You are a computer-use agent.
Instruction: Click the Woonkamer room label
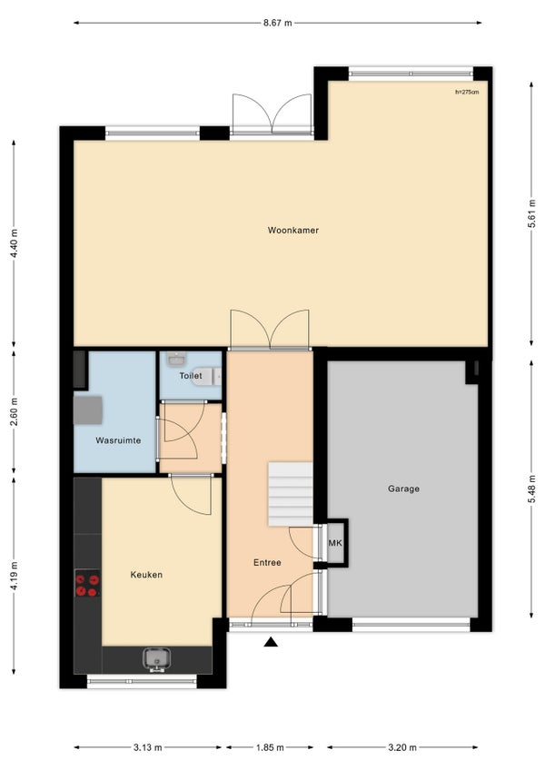tap(292, 230)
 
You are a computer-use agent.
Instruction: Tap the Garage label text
tap(403, 489)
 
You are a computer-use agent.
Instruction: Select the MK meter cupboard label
tap(335, 543)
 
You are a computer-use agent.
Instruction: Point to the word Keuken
tap(146, 575)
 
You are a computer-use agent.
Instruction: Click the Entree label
tap(267, 563)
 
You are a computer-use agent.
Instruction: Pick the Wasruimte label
tap(118, 440)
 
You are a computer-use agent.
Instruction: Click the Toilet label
tap(191, 376)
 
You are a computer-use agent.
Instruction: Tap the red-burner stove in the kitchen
tap(87, 583)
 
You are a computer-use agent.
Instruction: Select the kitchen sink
tap(157, 660)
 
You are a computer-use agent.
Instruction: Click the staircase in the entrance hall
tap(291, 494)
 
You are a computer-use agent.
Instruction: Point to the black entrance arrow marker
tap(271, 642)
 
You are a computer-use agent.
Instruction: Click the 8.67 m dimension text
tap(278, 23)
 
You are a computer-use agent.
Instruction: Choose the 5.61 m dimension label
tap(531, 213)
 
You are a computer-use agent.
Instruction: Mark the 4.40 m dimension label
tap(14, 243)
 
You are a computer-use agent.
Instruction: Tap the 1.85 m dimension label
tap(270, 747)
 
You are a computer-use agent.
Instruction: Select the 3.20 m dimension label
tap(402, 747)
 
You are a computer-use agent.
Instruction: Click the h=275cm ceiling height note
tap(467, 92)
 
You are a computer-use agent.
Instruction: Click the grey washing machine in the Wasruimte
tap(88, 410)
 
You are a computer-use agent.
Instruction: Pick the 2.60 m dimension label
tap(14, 411)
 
